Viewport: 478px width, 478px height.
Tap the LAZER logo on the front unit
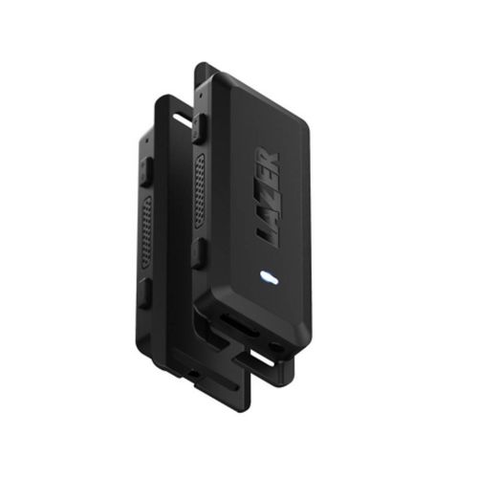(269, 196)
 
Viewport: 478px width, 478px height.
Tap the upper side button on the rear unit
(146, 172)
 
